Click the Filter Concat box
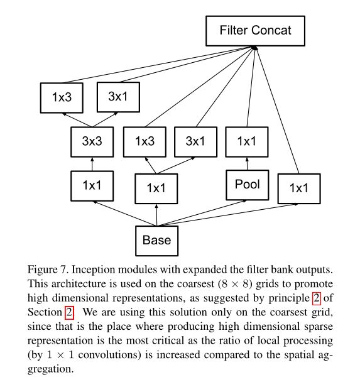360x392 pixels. (x=255, y=31)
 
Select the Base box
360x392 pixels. (x=156, y=241)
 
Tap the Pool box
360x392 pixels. (x=248, y=185)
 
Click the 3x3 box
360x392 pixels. (x=92, y=142)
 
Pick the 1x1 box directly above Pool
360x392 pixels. (x=247, y=142)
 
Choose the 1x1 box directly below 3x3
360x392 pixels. (x=92, y=186)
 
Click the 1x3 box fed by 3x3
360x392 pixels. (x=62, y=98)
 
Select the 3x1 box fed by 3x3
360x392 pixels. (x=118, y=97)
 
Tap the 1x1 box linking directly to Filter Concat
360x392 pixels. (x=299, y=188)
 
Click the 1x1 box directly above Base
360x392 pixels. (x=156, y=188)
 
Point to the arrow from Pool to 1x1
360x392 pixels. (x=248, y=164)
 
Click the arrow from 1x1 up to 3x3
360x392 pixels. (x=92, y=164)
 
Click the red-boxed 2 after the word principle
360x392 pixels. (x=316, y=298)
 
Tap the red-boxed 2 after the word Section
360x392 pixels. (x=69, y=312)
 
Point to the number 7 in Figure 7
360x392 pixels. (x=63, y=269)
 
